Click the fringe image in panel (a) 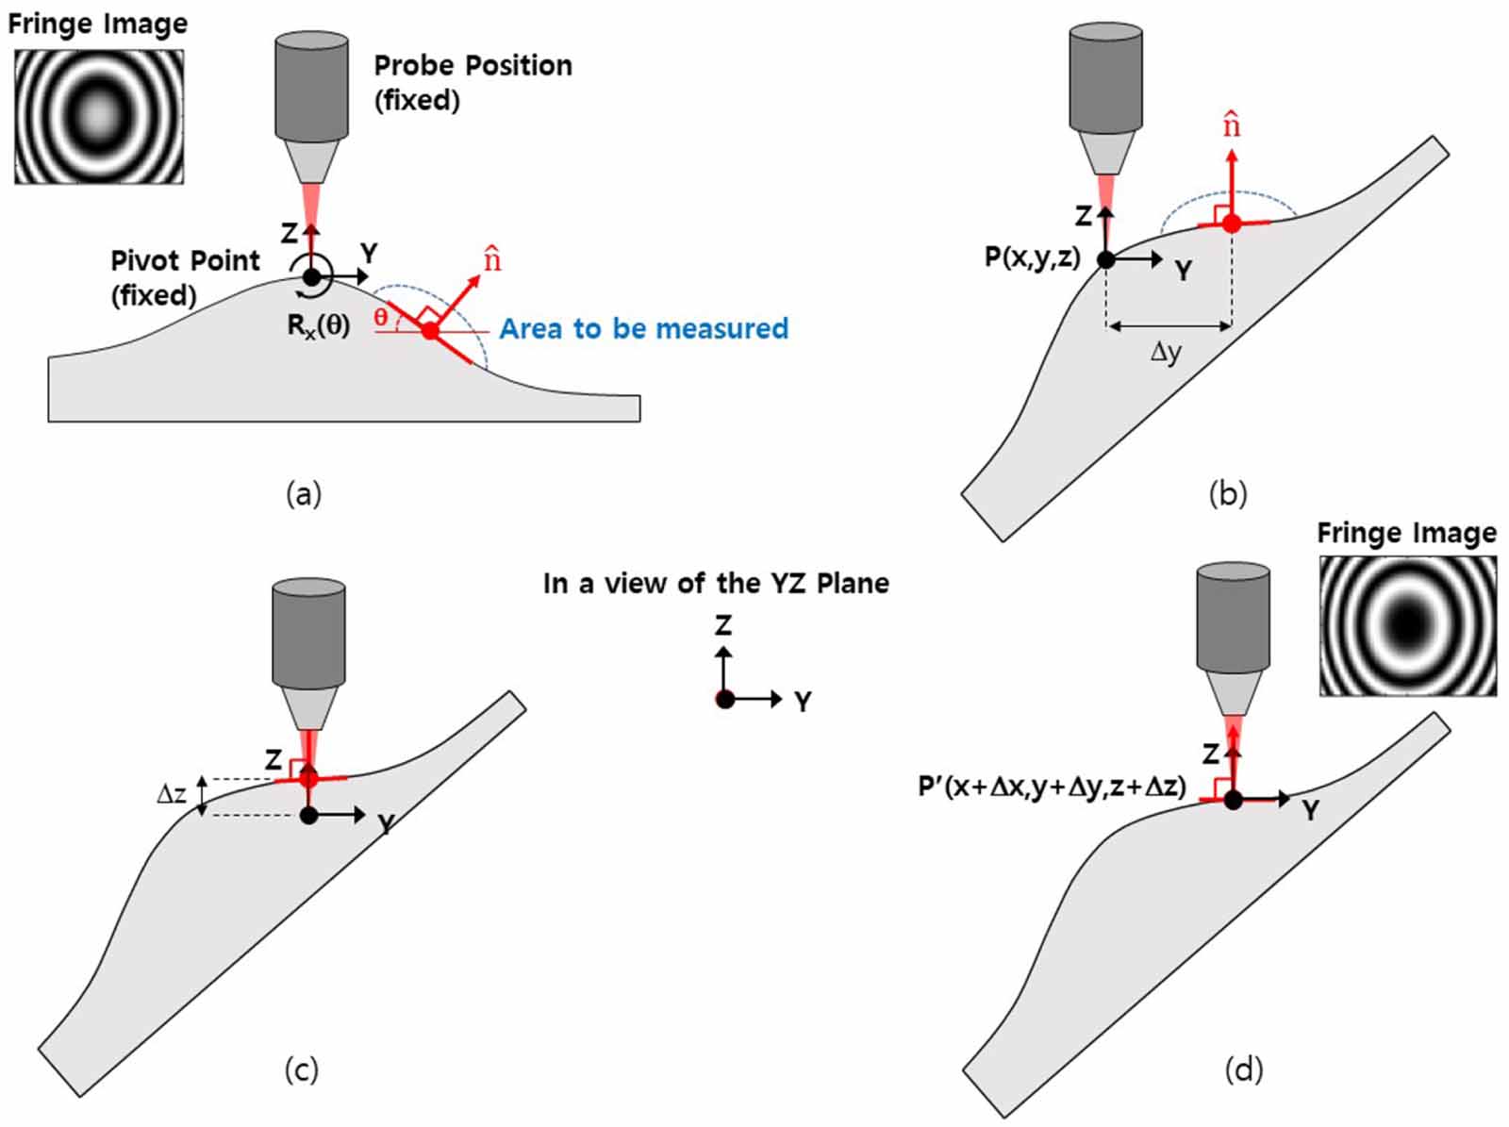click(99, 116)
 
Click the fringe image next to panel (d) click(1407, 625)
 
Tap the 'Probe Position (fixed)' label click(473, 82)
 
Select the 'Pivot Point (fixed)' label click(184, 277)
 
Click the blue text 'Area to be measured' click(643, 328)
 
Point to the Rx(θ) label click(319, 325)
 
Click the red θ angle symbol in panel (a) click(380, 317)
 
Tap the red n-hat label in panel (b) click(1232, 124)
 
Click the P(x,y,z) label click(1032, 257)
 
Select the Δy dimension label click(1166, 353)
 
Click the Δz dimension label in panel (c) click(171, 794)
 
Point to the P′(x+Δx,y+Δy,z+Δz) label click(1052, 786)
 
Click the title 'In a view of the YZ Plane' click(716, 584)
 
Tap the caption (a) click(304, 493)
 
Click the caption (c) click(302, 1069)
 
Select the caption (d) click(1243, 1069)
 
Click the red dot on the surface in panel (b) click(1232, 224)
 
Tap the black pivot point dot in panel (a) click(311, 276)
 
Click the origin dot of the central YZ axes click(724, 699)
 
